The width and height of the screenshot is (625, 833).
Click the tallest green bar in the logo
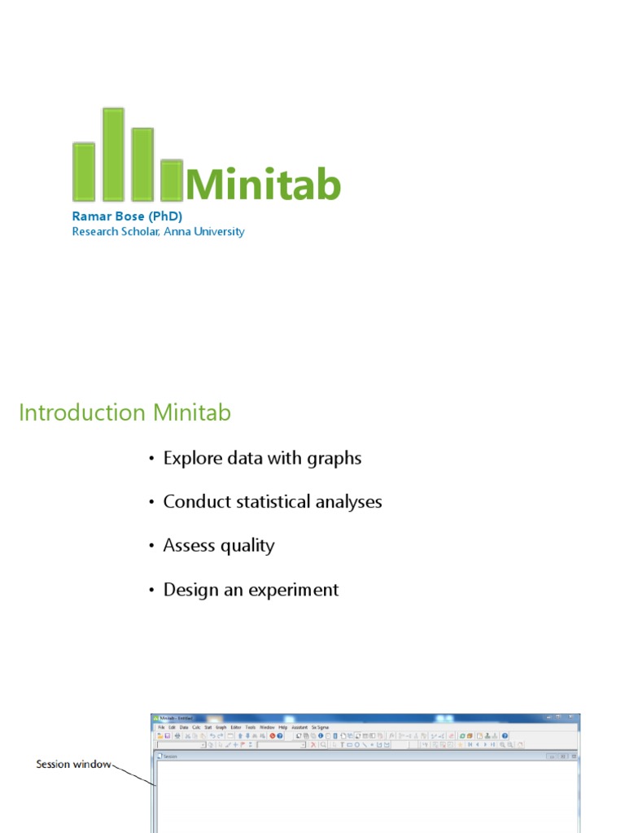click(114, 155)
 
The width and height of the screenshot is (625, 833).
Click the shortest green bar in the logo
click(171, 181)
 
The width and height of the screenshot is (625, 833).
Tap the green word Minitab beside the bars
click(263, 185)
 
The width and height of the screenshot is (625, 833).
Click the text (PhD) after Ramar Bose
click(165, 216)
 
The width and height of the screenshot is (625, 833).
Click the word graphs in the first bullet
click(334, 459)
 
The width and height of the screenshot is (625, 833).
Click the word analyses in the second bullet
click(348, 503)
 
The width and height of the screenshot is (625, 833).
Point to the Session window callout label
click(72, 765)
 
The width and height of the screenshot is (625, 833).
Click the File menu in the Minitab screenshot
click(161, 727)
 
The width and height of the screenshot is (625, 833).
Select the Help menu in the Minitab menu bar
click(283, 727)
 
